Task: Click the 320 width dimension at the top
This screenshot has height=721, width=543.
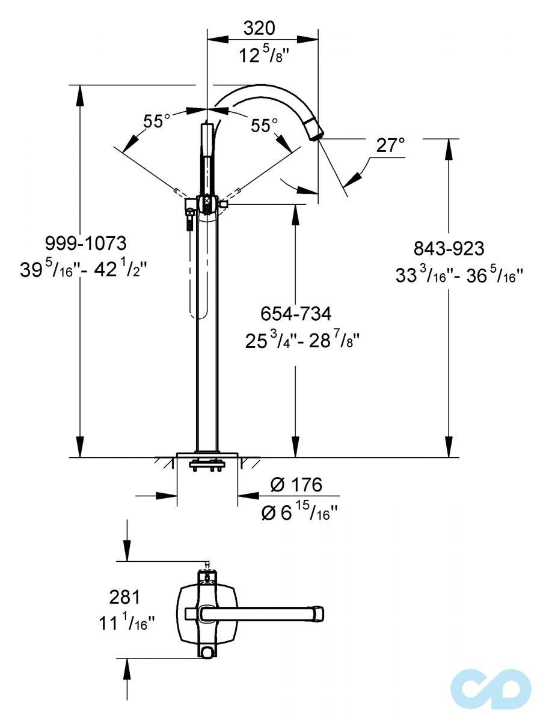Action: pyautogui.click(x=260, y=28)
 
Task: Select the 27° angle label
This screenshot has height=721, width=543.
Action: pyautogui.click(x=391, y=145)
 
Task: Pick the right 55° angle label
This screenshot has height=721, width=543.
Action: pyautogui.click(x=265, y=126)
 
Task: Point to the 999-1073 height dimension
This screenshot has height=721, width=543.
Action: pyautogui.click(x=86, y=243)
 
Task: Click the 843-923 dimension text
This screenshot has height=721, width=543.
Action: pyautogui.click(x=449, y=248)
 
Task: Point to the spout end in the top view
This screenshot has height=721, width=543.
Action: pyautogui.click(x=319, y=613)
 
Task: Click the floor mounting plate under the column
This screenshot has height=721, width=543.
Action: pyautogui.click(x=207, y=455)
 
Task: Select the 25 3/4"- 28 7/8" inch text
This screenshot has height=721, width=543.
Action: pyautogui.click(x=302, y=341)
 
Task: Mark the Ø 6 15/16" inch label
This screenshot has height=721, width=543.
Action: pyautogui.click(x=299, y=512)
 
